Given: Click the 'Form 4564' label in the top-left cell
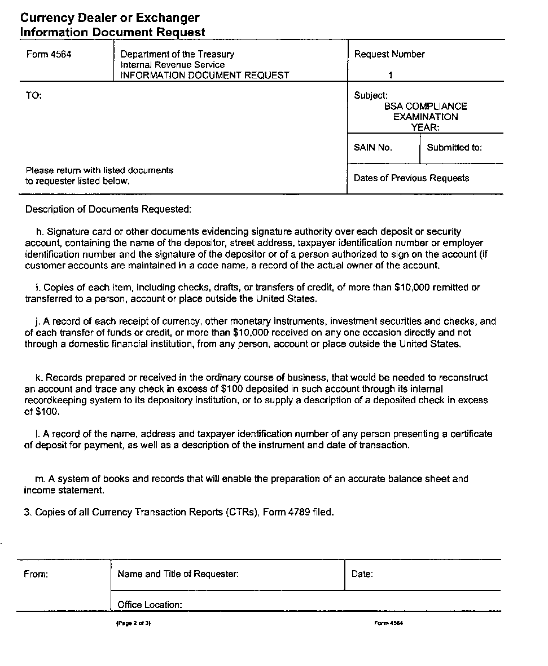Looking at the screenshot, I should [x=49, y=55].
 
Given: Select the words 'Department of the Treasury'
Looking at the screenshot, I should [x=177, y=55].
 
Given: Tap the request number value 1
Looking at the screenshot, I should [x=391, y=75].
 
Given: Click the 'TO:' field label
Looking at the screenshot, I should [x=34, y=96].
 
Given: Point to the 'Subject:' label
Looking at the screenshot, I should [x=371, y=96].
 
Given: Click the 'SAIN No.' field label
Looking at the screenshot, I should [x=372, y=148].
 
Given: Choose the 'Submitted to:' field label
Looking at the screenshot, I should [x=454, y=148].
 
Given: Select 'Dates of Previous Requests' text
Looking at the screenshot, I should [x=411, y=178].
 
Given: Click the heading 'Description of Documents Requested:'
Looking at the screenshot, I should [x=108, y=209].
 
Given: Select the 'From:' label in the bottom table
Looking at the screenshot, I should [x=36, y=574].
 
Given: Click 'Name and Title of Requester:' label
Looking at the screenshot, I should [x=178, y=574].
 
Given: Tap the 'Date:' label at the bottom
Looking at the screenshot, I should [x=362, y=574].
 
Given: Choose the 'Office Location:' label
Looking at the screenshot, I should [x=150, y=605].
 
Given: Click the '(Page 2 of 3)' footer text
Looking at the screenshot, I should [x=134, y=623].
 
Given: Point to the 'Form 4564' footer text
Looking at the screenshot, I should [x=388, y=623].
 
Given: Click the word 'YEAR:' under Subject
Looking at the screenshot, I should [x=425, y=127].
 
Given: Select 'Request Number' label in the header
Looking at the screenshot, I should [x=389, y=55].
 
